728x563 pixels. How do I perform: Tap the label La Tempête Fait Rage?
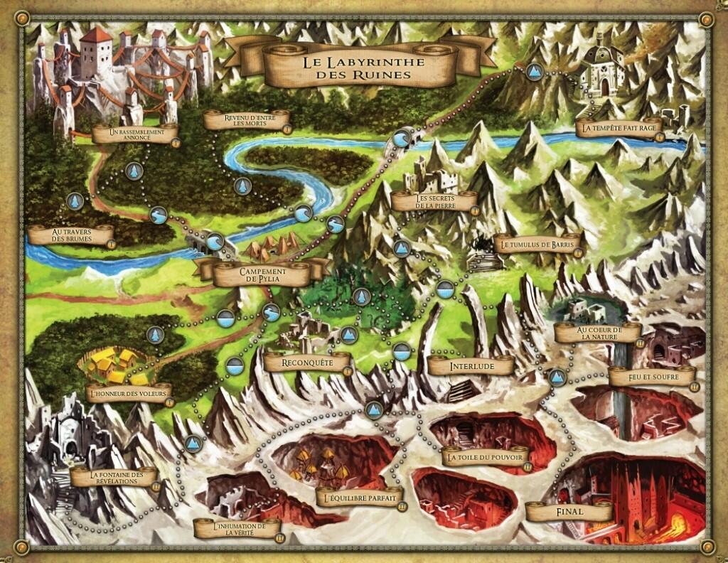(619, 128)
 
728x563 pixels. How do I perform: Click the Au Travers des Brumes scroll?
(71, 235)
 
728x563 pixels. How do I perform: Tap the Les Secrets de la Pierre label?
(434, 202)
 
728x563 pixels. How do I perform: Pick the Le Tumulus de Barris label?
(537, 245)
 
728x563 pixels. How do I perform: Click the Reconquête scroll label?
(307, 363)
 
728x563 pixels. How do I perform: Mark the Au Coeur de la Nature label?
(599, 333)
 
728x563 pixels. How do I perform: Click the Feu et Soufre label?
(651, 375)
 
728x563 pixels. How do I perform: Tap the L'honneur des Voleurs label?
(129, 393)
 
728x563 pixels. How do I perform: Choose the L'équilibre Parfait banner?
(359, 495)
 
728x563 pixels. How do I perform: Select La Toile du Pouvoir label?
(487, 457)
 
